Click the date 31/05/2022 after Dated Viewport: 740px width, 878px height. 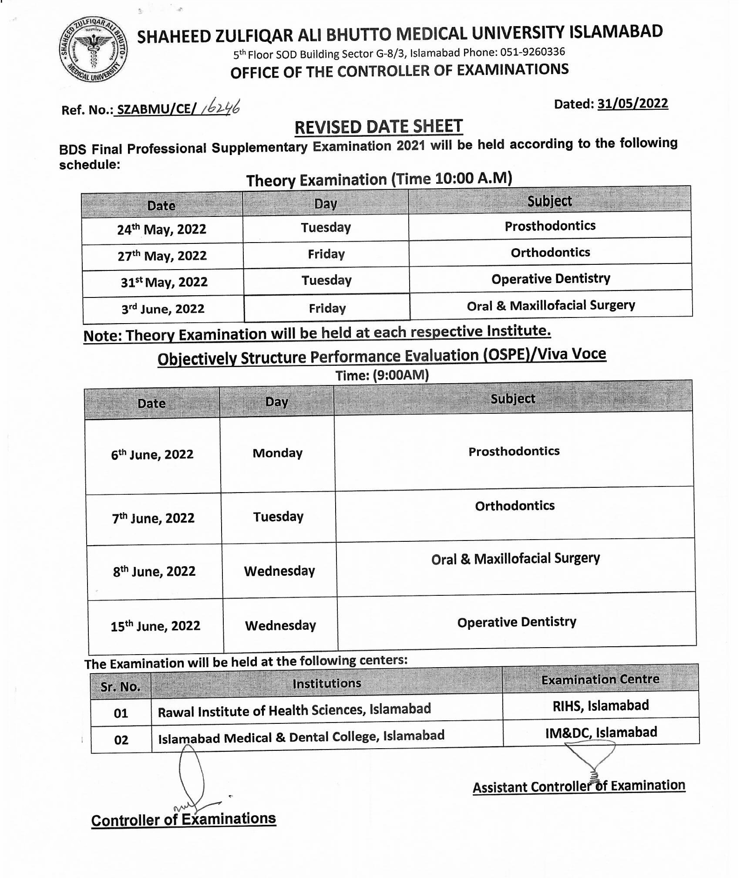coord(632,104)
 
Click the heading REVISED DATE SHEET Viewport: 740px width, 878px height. coord(378,127)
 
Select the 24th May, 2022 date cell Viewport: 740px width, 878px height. coord(161,230)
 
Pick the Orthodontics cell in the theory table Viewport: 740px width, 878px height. coord(550,253)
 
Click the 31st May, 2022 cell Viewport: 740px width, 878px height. coord(164,282)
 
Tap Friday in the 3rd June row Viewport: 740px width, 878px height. coord(327,308)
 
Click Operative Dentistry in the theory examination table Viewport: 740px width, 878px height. coord(551,279)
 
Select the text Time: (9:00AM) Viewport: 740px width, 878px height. coord(382,375)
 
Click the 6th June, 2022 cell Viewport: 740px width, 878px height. coord(152,455)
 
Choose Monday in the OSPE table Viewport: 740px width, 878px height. coord(277,453)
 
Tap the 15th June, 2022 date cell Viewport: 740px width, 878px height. coord(155,626)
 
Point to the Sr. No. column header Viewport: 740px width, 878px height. coord(120,687)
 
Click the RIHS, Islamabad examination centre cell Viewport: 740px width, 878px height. coord(600,706)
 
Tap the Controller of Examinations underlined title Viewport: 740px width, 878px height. coord(183,820)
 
